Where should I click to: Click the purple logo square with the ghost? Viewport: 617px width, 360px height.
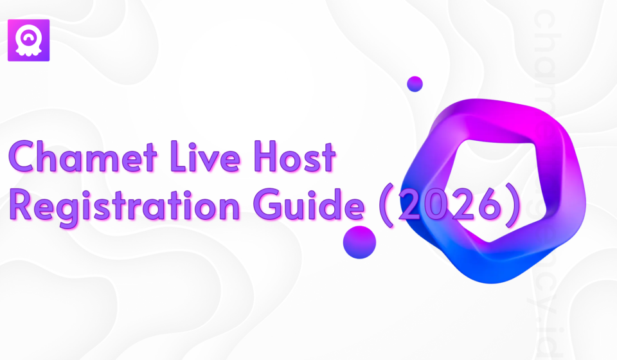pyautogui.click(x=28, y=40)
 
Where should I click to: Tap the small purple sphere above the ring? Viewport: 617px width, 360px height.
pyautogui.click(x=415, y=84)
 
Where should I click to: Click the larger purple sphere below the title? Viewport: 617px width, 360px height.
pyautogui.click(x=359, y=242)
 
